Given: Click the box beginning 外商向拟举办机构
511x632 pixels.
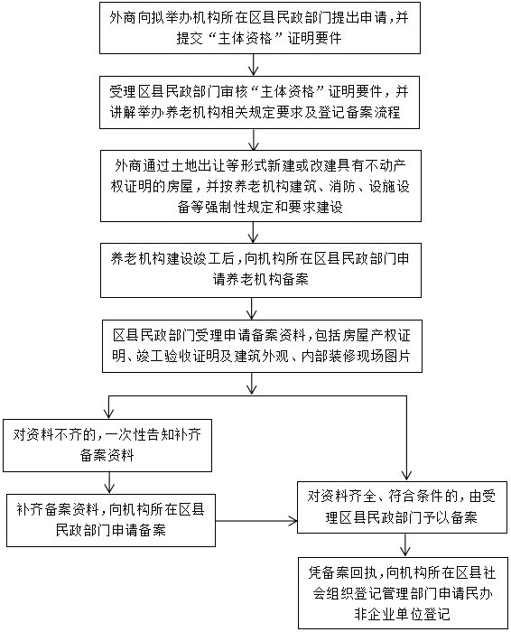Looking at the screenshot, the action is (260, 28).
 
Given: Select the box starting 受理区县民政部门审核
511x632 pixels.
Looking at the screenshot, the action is (259, 102).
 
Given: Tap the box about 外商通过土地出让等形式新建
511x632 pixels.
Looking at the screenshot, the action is (261, 186).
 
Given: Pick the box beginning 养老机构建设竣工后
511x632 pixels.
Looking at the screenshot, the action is (261, 270).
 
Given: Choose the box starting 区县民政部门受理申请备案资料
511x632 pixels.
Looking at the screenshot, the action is (262, 346).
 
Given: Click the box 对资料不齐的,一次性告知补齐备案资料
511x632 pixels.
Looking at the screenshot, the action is (107, 445).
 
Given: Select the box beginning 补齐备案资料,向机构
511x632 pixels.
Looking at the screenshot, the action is (111, 520).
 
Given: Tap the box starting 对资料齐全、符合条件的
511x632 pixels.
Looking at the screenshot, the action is (402, 507).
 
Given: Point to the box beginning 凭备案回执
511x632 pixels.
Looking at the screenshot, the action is (403, 593).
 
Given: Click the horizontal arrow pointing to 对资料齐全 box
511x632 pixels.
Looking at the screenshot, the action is (256, 521).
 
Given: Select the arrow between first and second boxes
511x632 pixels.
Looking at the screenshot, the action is (253, 65).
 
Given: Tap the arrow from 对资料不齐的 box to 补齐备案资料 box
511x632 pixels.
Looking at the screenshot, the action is (109, 483).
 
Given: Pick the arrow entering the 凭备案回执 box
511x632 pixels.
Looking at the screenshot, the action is (405, 545).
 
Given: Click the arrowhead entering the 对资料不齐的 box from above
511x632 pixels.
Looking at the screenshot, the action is (109, 414).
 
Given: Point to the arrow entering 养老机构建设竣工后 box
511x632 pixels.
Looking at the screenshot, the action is (253, 232).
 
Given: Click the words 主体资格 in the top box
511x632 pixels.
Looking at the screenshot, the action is (245, 38).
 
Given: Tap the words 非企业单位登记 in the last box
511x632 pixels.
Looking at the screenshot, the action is (402, 614).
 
